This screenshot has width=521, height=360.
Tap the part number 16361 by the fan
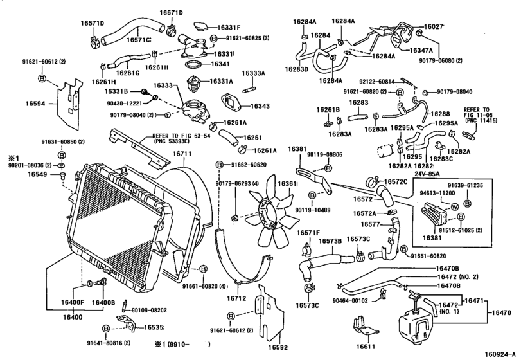287,184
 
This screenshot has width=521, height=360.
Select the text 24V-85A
427,173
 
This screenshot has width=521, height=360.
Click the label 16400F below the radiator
73,303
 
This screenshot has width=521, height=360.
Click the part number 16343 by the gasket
261,105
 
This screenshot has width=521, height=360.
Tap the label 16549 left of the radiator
38,174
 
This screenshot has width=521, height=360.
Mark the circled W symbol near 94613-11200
454,208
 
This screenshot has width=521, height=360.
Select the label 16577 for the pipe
371,224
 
